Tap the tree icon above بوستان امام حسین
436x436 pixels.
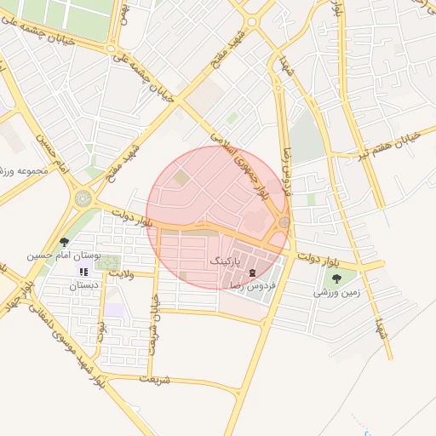[65, 243]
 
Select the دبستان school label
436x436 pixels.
[83, 284]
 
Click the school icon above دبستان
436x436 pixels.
[83, 272]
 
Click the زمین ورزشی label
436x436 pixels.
[337, 292]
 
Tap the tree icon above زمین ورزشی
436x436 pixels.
[336, 278]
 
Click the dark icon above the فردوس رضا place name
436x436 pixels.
[252, 272]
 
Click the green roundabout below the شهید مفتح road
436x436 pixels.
[83, 198]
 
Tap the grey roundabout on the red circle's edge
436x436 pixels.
[283, 223]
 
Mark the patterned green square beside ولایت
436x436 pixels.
[107, 263]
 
